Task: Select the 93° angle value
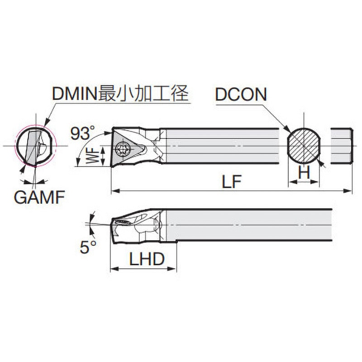83,133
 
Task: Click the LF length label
231,183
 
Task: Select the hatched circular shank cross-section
304,145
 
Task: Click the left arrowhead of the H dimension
291,182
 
